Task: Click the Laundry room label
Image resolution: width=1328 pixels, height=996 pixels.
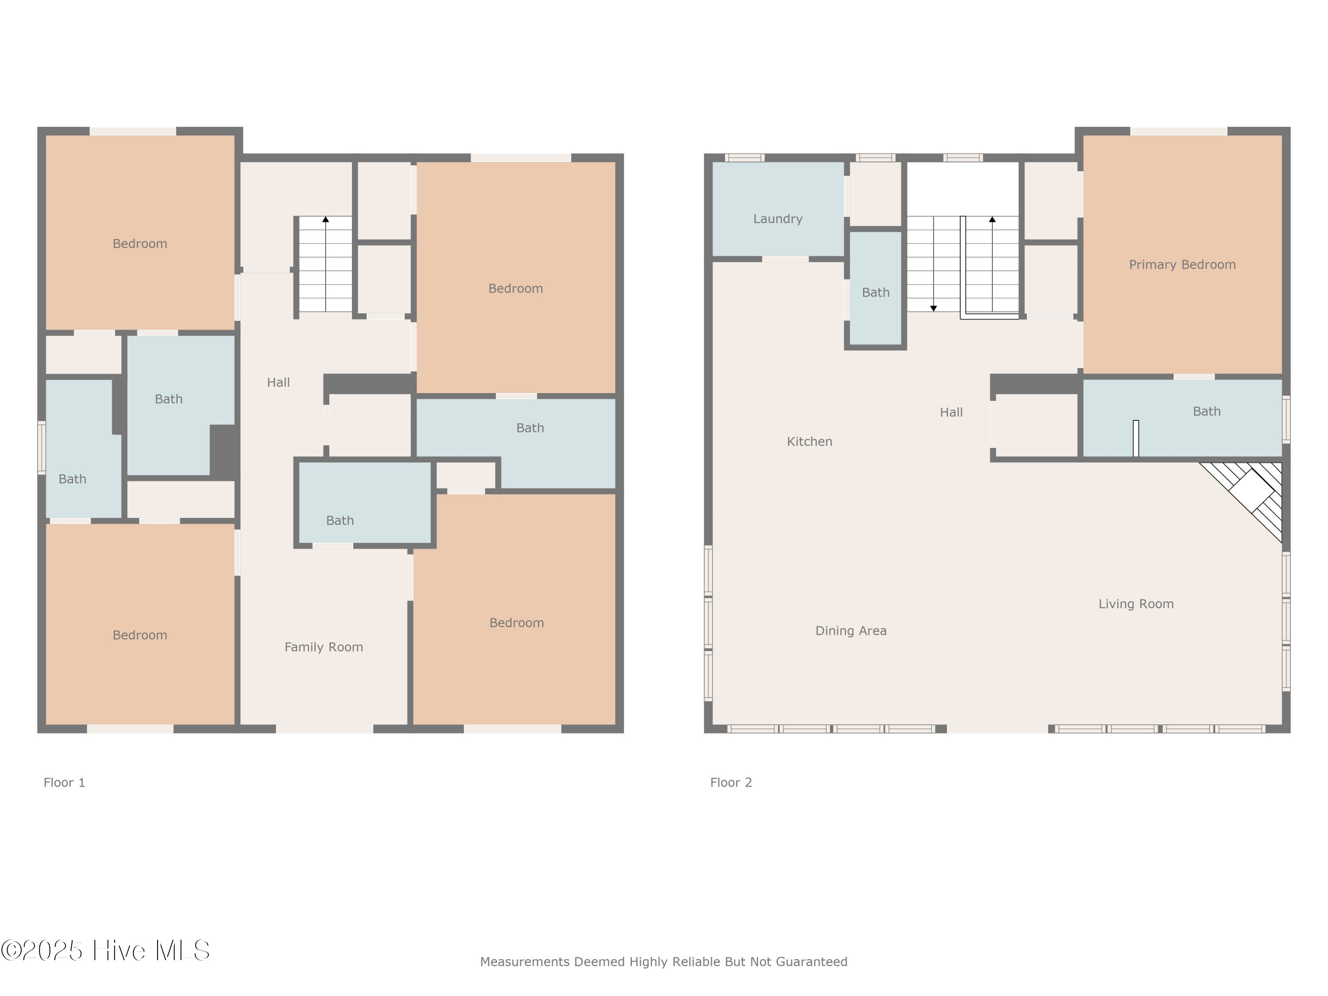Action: [777, 219]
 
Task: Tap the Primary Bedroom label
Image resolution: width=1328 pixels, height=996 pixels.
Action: [1182, 265]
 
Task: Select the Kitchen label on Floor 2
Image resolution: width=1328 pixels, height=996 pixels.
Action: [809, 442]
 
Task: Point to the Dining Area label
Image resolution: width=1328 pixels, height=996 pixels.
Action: [851, 631]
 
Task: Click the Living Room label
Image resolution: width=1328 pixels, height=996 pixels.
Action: [1136, 604]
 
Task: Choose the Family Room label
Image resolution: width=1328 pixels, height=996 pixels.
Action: [324, 647]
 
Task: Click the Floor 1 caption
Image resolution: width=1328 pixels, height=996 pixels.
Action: [64, 782]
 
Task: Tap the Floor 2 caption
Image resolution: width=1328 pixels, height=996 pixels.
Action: [731, 782]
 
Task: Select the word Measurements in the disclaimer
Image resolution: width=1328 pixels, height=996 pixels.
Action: [524, 962]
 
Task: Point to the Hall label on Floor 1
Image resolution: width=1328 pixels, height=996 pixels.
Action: [278, 382]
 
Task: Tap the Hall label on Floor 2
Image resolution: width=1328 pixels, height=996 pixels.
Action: [951, 413]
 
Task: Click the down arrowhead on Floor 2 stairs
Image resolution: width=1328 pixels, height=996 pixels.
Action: [934, 309]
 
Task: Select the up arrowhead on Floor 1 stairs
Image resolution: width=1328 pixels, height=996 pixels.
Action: [325, 220]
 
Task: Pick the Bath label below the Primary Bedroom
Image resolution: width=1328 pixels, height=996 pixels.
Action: [1206, 412]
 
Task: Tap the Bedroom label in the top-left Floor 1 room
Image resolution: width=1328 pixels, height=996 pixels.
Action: [140, 244]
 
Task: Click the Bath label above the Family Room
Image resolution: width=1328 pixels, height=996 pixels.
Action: [340, 521]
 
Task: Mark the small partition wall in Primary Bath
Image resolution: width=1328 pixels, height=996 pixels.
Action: [1135, 438]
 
